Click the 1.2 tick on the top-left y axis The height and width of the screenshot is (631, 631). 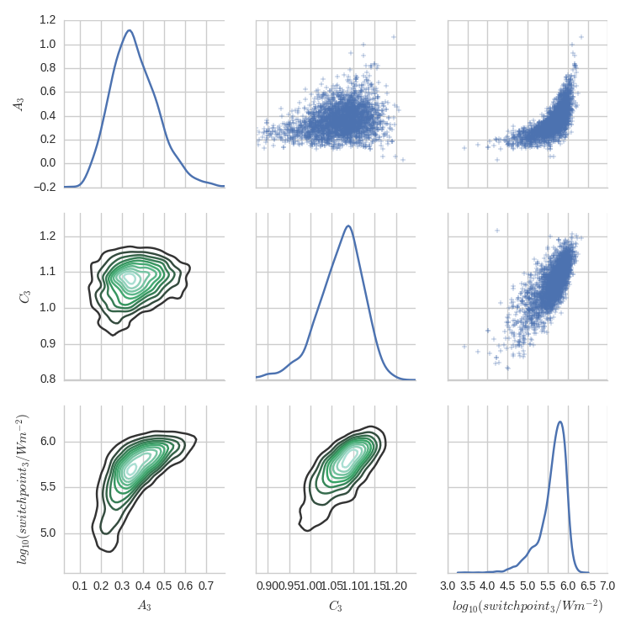coord(47,20)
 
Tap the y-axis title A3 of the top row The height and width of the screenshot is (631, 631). coord(17,103)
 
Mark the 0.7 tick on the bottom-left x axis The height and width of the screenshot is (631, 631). coord(204,585)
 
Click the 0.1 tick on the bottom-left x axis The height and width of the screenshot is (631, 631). coord(81,585)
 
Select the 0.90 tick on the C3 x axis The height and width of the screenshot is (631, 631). coord(268,585)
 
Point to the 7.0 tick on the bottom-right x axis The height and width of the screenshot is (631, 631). coord(607,585)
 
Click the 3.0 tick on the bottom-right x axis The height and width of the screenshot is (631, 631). coord(448,585)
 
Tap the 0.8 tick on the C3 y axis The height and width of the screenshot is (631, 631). coord(47,379)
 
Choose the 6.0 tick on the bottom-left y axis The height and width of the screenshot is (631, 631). coord(47,442)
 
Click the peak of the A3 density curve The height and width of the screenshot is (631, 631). coord(129,30)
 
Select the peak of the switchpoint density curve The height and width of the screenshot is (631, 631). coord(559,422)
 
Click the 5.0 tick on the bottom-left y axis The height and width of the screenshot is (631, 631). coord(47,533)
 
